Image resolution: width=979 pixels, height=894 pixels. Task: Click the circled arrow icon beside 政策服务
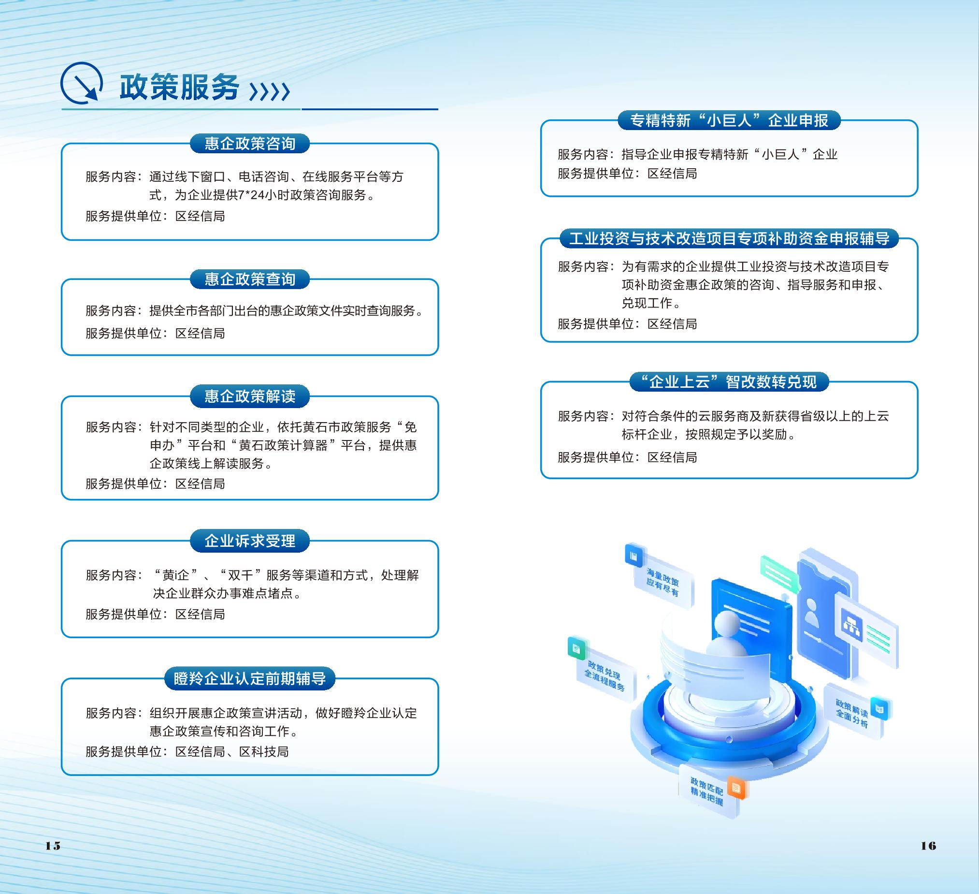point(81,83)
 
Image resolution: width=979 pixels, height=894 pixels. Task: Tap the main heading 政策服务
point(179,88)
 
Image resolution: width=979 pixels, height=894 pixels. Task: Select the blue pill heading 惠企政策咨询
point(250,144)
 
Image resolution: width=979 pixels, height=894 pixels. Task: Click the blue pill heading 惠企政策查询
point(250,279)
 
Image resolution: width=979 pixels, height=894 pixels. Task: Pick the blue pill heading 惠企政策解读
point(250,396)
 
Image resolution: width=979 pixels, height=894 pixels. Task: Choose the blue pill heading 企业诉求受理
point(250,541)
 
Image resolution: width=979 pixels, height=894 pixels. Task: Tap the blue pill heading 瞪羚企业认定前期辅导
point(250,678)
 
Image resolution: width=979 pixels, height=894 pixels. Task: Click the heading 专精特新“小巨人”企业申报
point(729,120)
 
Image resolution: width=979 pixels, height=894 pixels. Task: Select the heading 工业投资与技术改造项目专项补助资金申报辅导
point(729,238)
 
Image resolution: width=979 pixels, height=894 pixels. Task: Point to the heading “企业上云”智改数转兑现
point(729,382)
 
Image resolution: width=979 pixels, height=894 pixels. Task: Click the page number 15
point(53,846)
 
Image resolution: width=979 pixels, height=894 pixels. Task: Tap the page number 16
point(928,846)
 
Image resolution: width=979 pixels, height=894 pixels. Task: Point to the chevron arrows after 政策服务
point(270,91)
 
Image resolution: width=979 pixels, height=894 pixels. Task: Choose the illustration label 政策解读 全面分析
point(852,713)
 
